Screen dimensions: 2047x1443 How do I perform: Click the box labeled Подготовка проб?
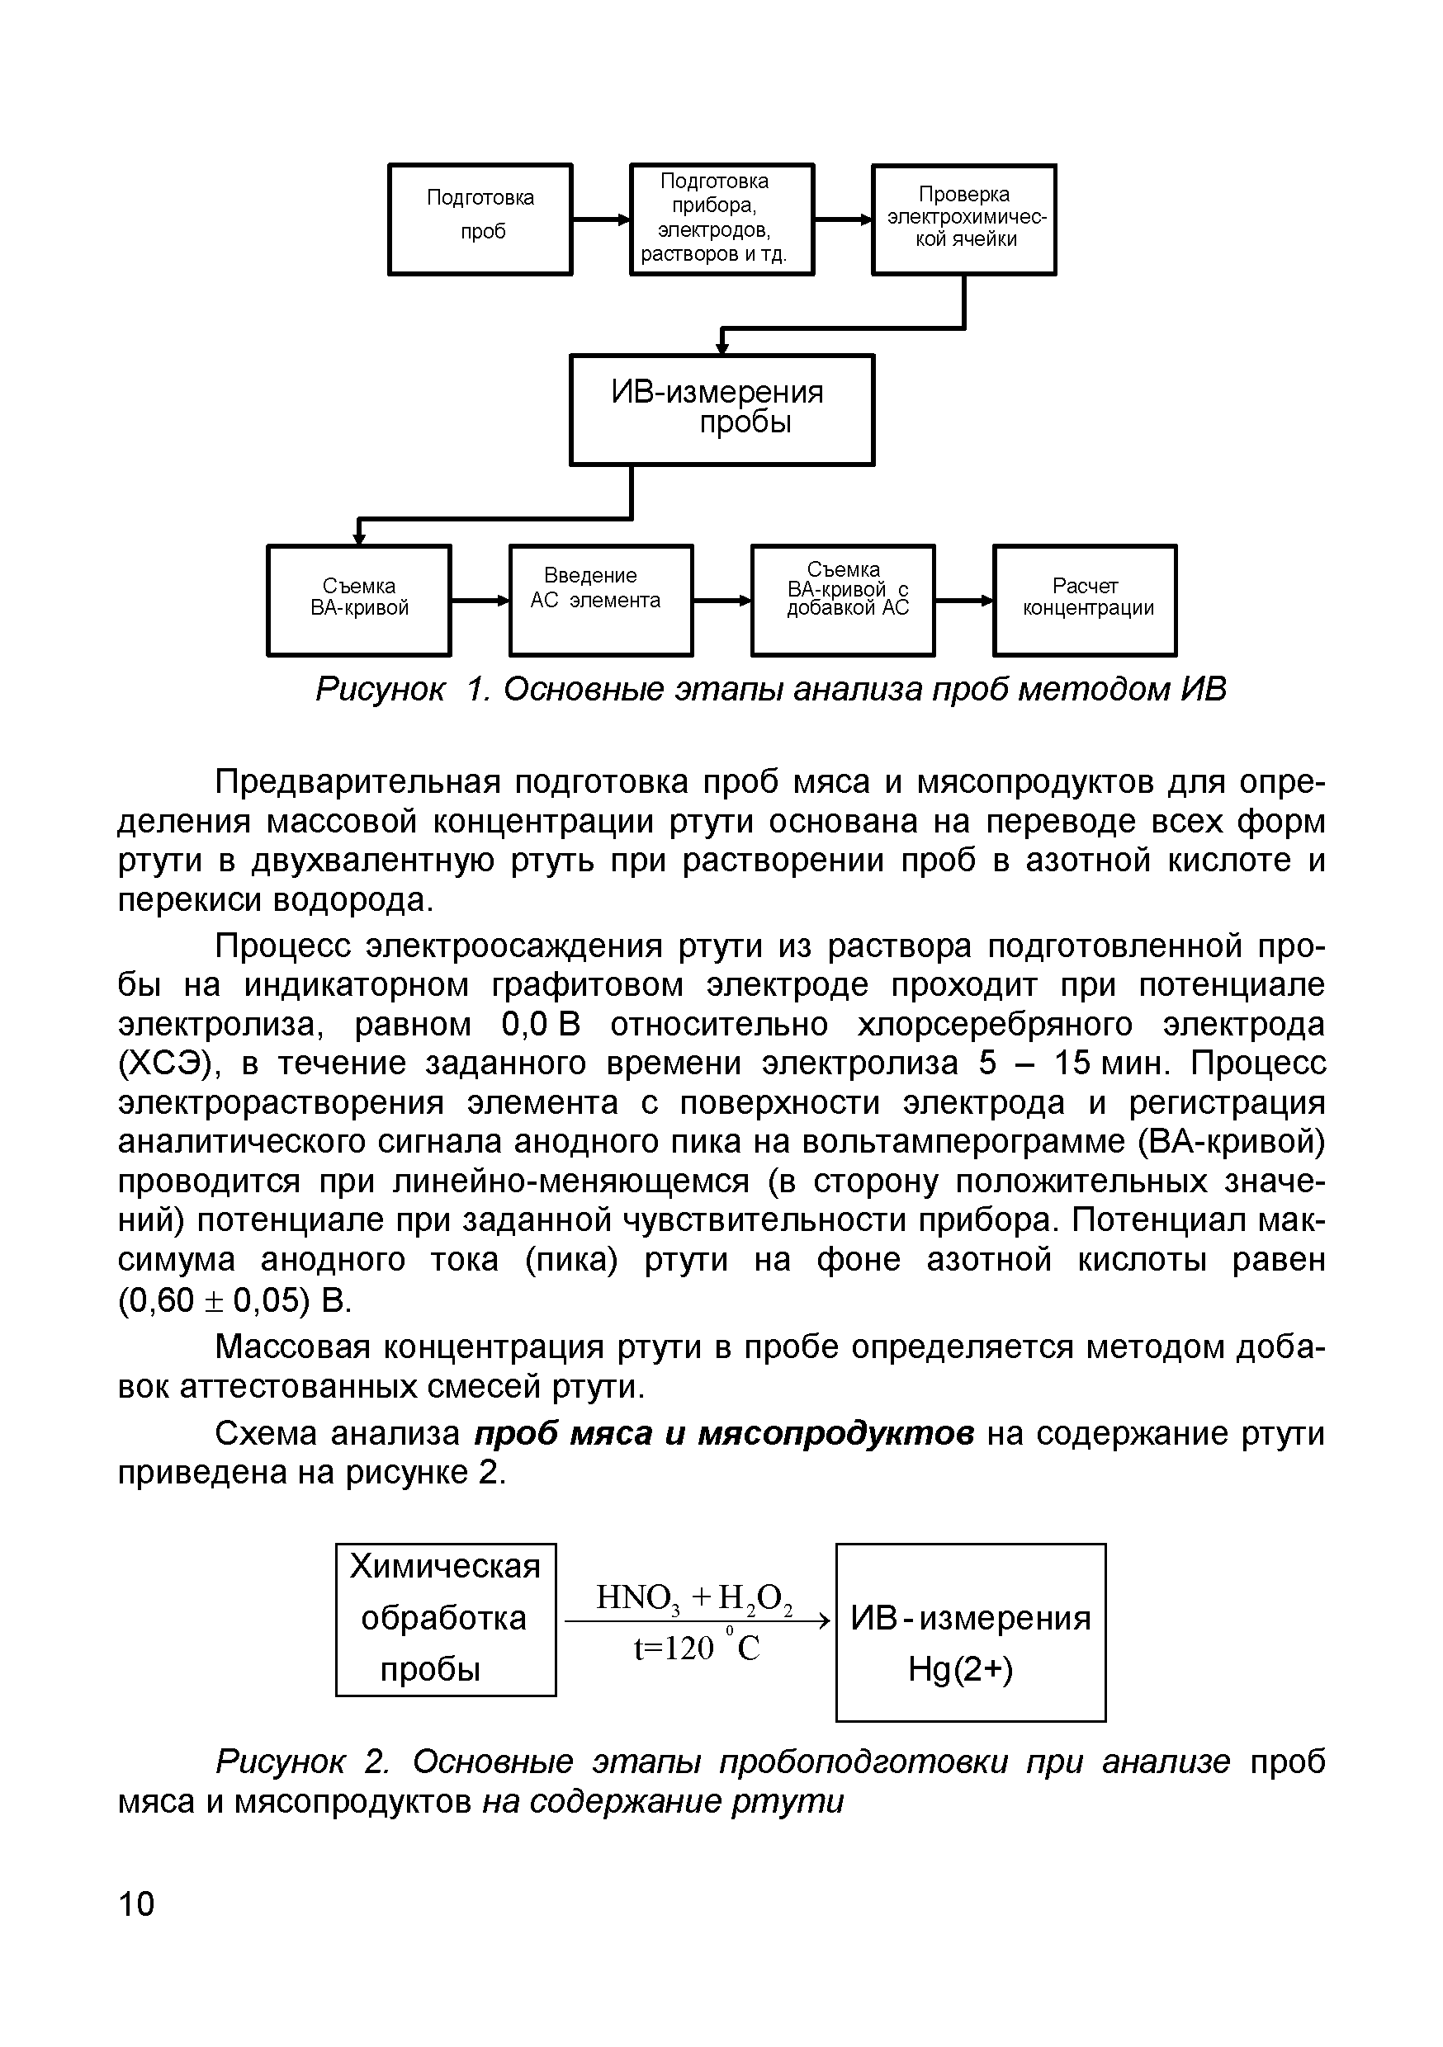coord(480,219)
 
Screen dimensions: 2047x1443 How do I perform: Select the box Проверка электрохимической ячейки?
coord(963,219)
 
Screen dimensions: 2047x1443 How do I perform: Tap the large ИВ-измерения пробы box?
coord(721,409)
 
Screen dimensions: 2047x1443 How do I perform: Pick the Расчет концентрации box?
coord(1085,600)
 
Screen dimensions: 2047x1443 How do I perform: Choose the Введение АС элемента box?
coord(600,600)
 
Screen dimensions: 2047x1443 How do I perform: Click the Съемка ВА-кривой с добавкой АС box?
coord(843,600)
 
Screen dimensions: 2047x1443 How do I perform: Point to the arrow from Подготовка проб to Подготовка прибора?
coord(601,219)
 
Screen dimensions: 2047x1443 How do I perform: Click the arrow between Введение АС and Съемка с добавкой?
coord(721,601)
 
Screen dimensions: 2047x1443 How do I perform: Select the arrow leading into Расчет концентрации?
coord(964,601)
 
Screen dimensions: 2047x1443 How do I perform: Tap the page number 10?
coord(136,1903)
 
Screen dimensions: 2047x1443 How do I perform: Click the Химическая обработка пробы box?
coord(445,1618)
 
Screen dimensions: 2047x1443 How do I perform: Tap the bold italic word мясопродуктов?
coord(835,1434)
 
